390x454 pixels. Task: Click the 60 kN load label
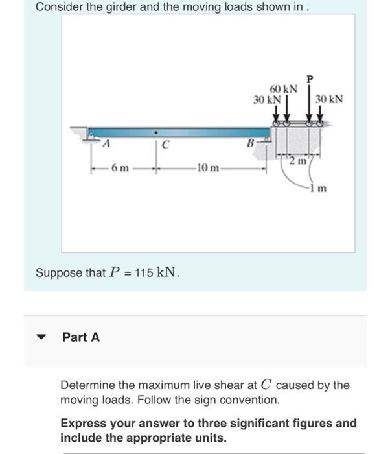(284, 89)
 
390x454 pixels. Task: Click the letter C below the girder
(166, 145)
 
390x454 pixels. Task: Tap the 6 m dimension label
(120, 169)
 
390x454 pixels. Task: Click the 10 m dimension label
(208, 169)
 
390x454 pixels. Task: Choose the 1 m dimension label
(318, 189)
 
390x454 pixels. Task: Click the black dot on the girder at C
(155, 136)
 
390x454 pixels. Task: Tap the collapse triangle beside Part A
(42, 337)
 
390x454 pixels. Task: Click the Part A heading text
(81, 337)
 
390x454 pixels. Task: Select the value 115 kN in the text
(159, 272)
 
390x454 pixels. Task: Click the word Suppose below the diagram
(59, 272)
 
